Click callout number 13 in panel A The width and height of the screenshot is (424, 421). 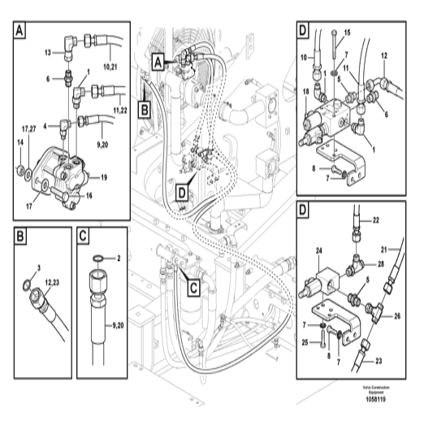[x=46, y=52]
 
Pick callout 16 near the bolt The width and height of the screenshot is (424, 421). [x=89, y=196]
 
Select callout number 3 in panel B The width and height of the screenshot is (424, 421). [x=41, y=266]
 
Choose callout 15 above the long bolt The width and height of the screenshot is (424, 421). [x=348, y=32]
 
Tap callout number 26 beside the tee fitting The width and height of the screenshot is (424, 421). [x=396, y=317]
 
